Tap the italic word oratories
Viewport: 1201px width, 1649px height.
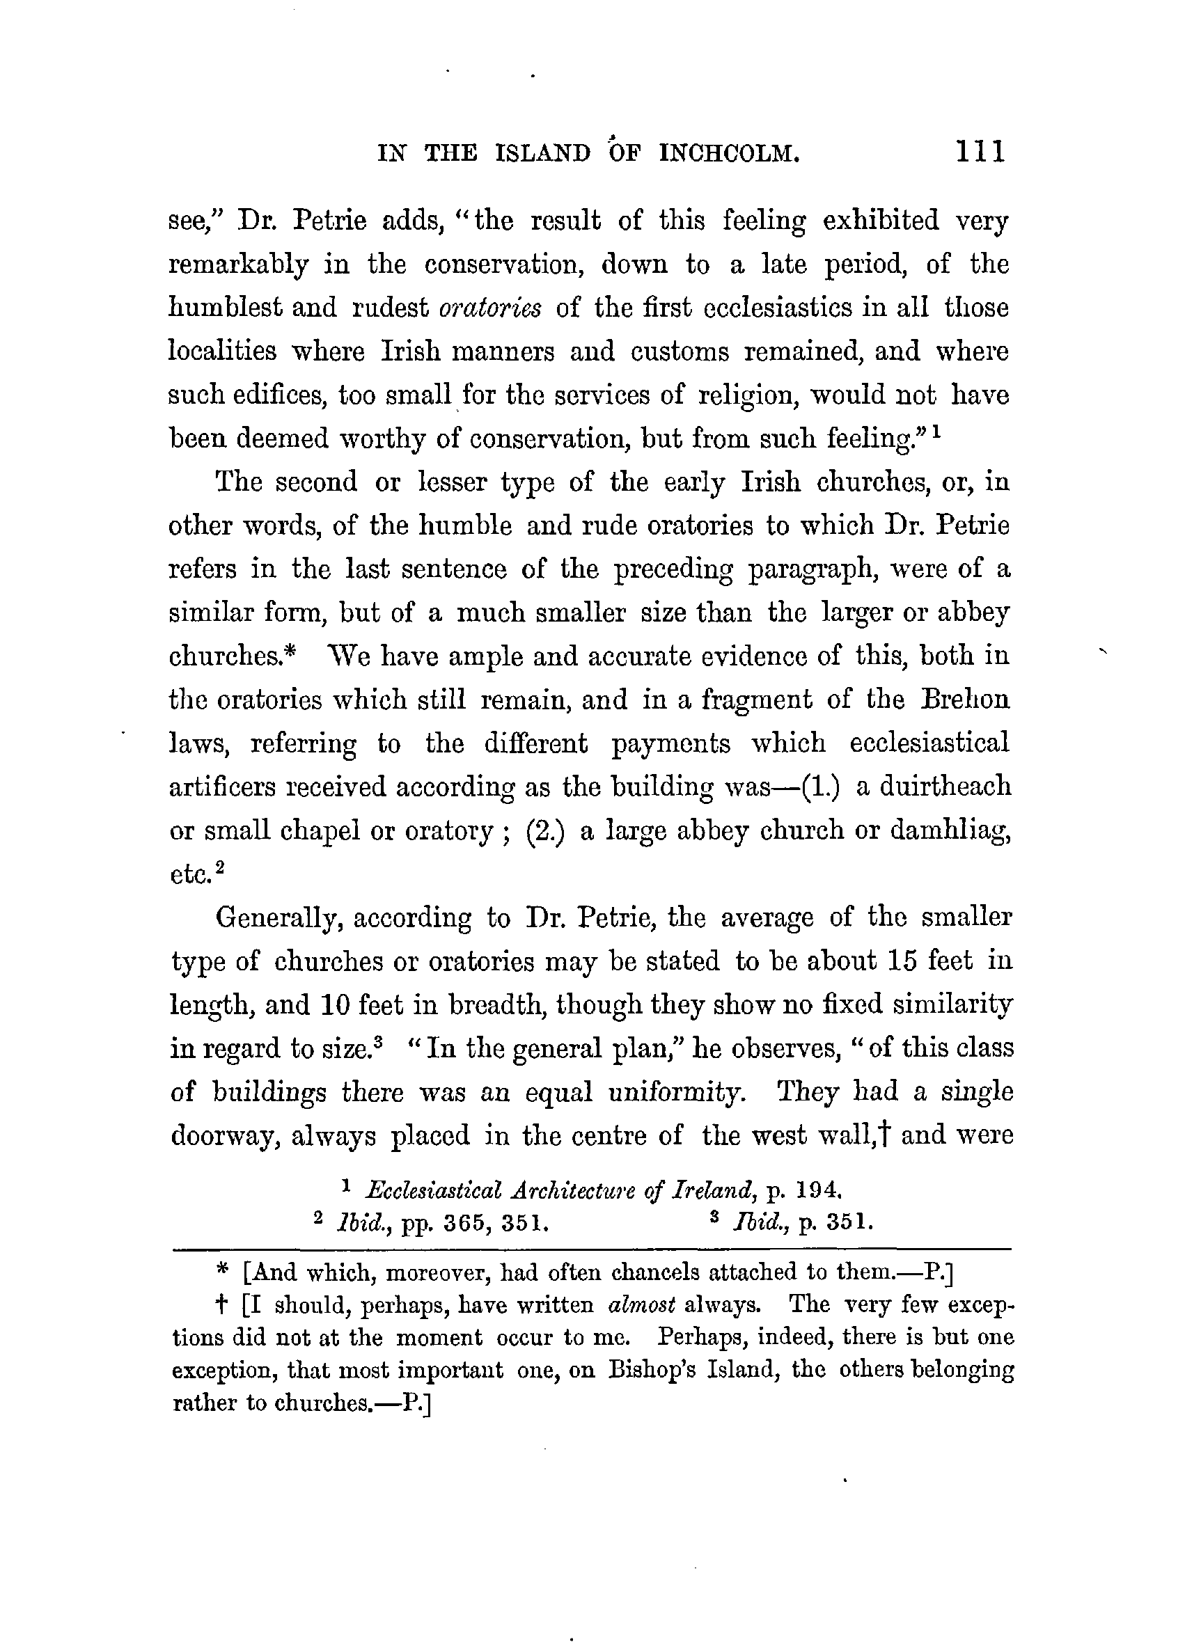coord(490,308)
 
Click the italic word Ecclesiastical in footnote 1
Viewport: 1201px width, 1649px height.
coord(434,1190)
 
